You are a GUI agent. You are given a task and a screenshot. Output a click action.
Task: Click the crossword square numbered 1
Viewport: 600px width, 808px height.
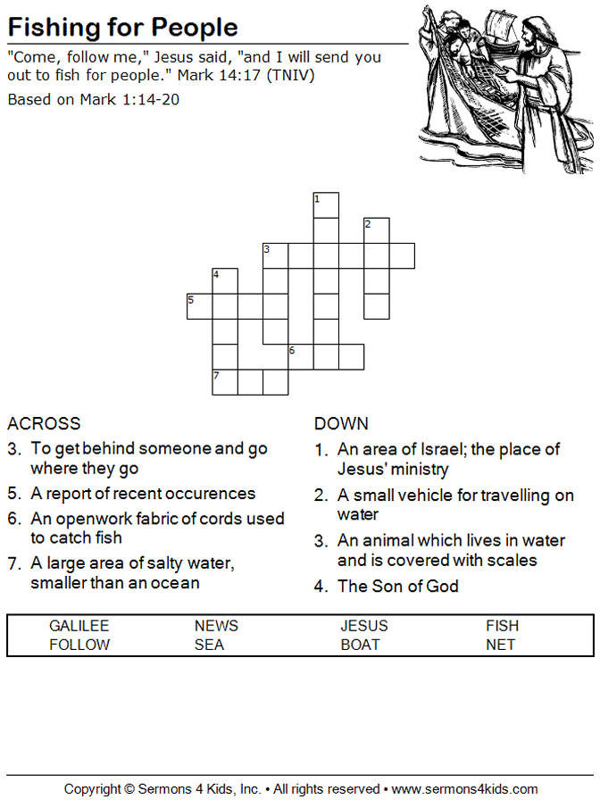326,205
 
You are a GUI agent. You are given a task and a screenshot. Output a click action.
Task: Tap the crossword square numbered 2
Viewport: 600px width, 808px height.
377,230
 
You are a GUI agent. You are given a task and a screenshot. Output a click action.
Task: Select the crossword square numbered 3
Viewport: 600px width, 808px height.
276,255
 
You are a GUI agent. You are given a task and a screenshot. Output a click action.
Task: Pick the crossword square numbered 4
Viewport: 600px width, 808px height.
225,281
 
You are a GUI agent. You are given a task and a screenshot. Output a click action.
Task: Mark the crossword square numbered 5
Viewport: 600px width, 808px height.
200,306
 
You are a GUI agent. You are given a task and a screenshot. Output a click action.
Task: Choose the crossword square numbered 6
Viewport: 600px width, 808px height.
301,356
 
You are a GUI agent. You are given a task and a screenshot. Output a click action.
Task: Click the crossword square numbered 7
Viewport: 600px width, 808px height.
225,382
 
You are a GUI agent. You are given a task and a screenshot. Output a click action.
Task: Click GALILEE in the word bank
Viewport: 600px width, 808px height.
79,626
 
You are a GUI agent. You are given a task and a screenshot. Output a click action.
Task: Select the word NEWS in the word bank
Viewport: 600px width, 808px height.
216,626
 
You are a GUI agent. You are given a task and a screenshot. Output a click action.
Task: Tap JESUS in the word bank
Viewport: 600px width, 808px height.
364,626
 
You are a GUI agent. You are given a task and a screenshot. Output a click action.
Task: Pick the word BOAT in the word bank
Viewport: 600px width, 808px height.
360,645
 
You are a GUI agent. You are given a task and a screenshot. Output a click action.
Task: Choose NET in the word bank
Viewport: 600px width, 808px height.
500,645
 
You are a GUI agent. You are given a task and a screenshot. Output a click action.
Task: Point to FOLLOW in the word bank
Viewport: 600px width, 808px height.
79,645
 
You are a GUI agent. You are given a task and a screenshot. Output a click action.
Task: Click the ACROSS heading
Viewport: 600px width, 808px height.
44,423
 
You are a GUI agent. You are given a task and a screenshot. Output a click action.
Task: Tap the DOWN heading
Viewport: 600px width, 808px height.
341,423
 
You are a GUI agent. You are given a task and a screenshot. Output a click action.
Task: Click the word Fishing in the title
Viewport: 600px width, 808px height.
54,28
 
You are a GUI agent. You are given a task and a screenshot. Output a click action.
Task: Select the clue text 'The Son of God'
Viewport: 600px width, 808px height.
398,586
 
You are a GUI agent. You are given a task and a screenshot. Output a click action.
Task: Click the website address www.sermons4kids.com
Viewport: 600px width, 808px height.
464,789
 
